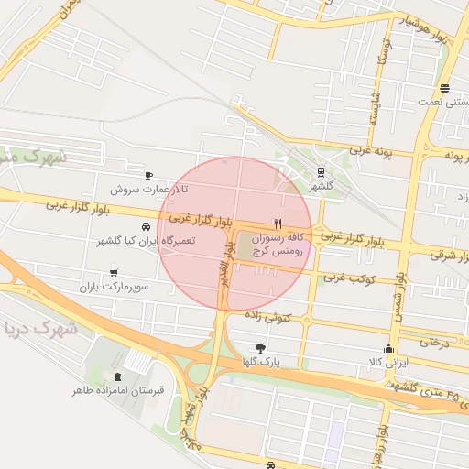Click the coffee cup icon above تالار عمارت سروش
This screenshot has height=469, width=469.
pyautogui.click(x=148, y=175)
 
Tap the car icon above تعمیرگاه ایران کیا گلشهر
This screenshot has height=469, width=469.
pyautogui.click(x=146, y=226)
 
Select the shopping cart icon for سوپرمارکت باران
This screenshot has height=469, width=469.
pyautogui.click(x=113, y=272)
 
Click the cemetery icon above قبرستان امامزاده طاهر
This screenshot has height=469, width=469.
pyautogui.click(x=116, y=376)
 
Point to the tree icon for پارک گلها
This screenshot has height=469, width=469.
pyautogui.click(x=261, y=347)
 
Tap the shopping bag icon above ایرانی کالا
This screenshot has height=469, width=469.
pyautogui.click(x=388, y=348)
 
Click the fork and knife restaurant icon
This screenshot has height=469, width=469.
pyautogui.click(x=277, y=224)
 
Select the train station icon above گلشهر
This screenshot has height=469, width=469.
pyautogui.click(x=321, y=171)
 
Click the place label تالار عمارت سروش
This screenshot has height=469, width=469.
pyautogui.click(x=148, y=190)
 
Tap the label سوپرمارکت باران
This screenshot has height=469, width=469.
pyautogui.click(x=114, y=287)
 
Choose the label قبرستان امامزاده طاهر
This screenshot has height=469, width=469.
pyautogui.click(x=118, y=391)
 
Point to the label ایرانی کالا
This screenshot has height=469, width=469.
pyautogui.click(x=388, y=363)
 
